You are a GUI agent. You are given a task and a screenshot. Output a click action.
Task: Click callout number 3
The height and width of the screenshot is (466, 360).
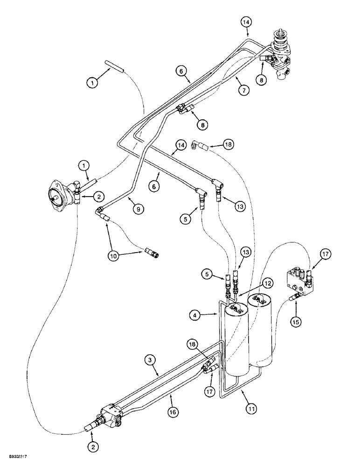[x=149, y=359]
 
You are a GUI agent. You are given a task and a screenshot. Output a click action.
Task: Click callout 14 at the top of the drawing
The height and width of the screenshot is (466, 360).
[x=246, y=21]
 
